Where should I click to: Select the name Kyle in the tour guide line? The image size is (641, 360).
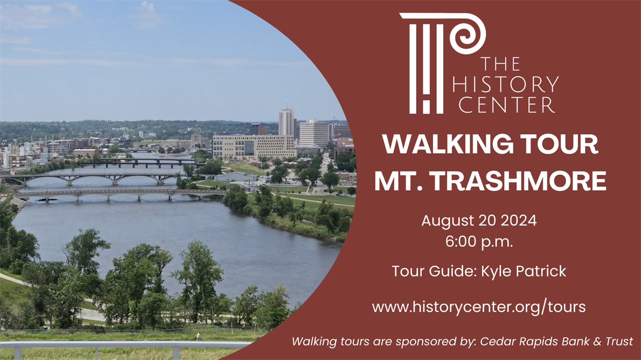497,271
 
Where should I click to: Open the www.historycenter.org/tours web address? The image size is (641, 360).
479,306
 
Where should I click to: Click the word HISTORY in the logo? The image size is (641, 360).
505,85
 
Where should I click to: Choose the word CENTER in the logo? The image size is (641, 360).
507,105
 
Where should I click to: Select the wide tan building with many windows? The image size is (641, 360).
254,147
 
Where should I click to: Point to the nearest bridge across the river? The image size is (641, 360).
120,193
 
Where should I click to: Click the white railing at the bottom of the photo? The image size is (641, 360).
125,345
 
